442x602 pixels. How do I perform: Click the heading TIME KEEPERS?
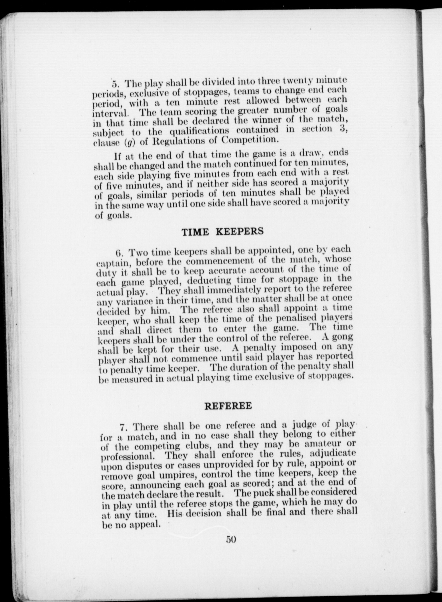click(x=223, y=231)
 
